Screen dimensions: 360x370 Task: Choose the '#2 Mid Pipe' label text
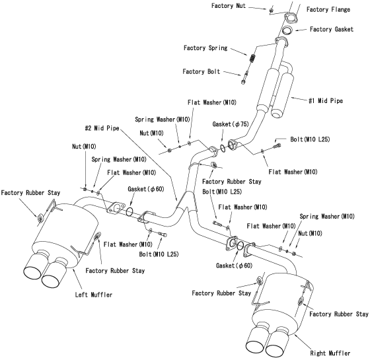click(x=102, y=128)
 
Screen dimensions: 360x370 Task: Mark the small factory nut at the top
click(x=271, y=9)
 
